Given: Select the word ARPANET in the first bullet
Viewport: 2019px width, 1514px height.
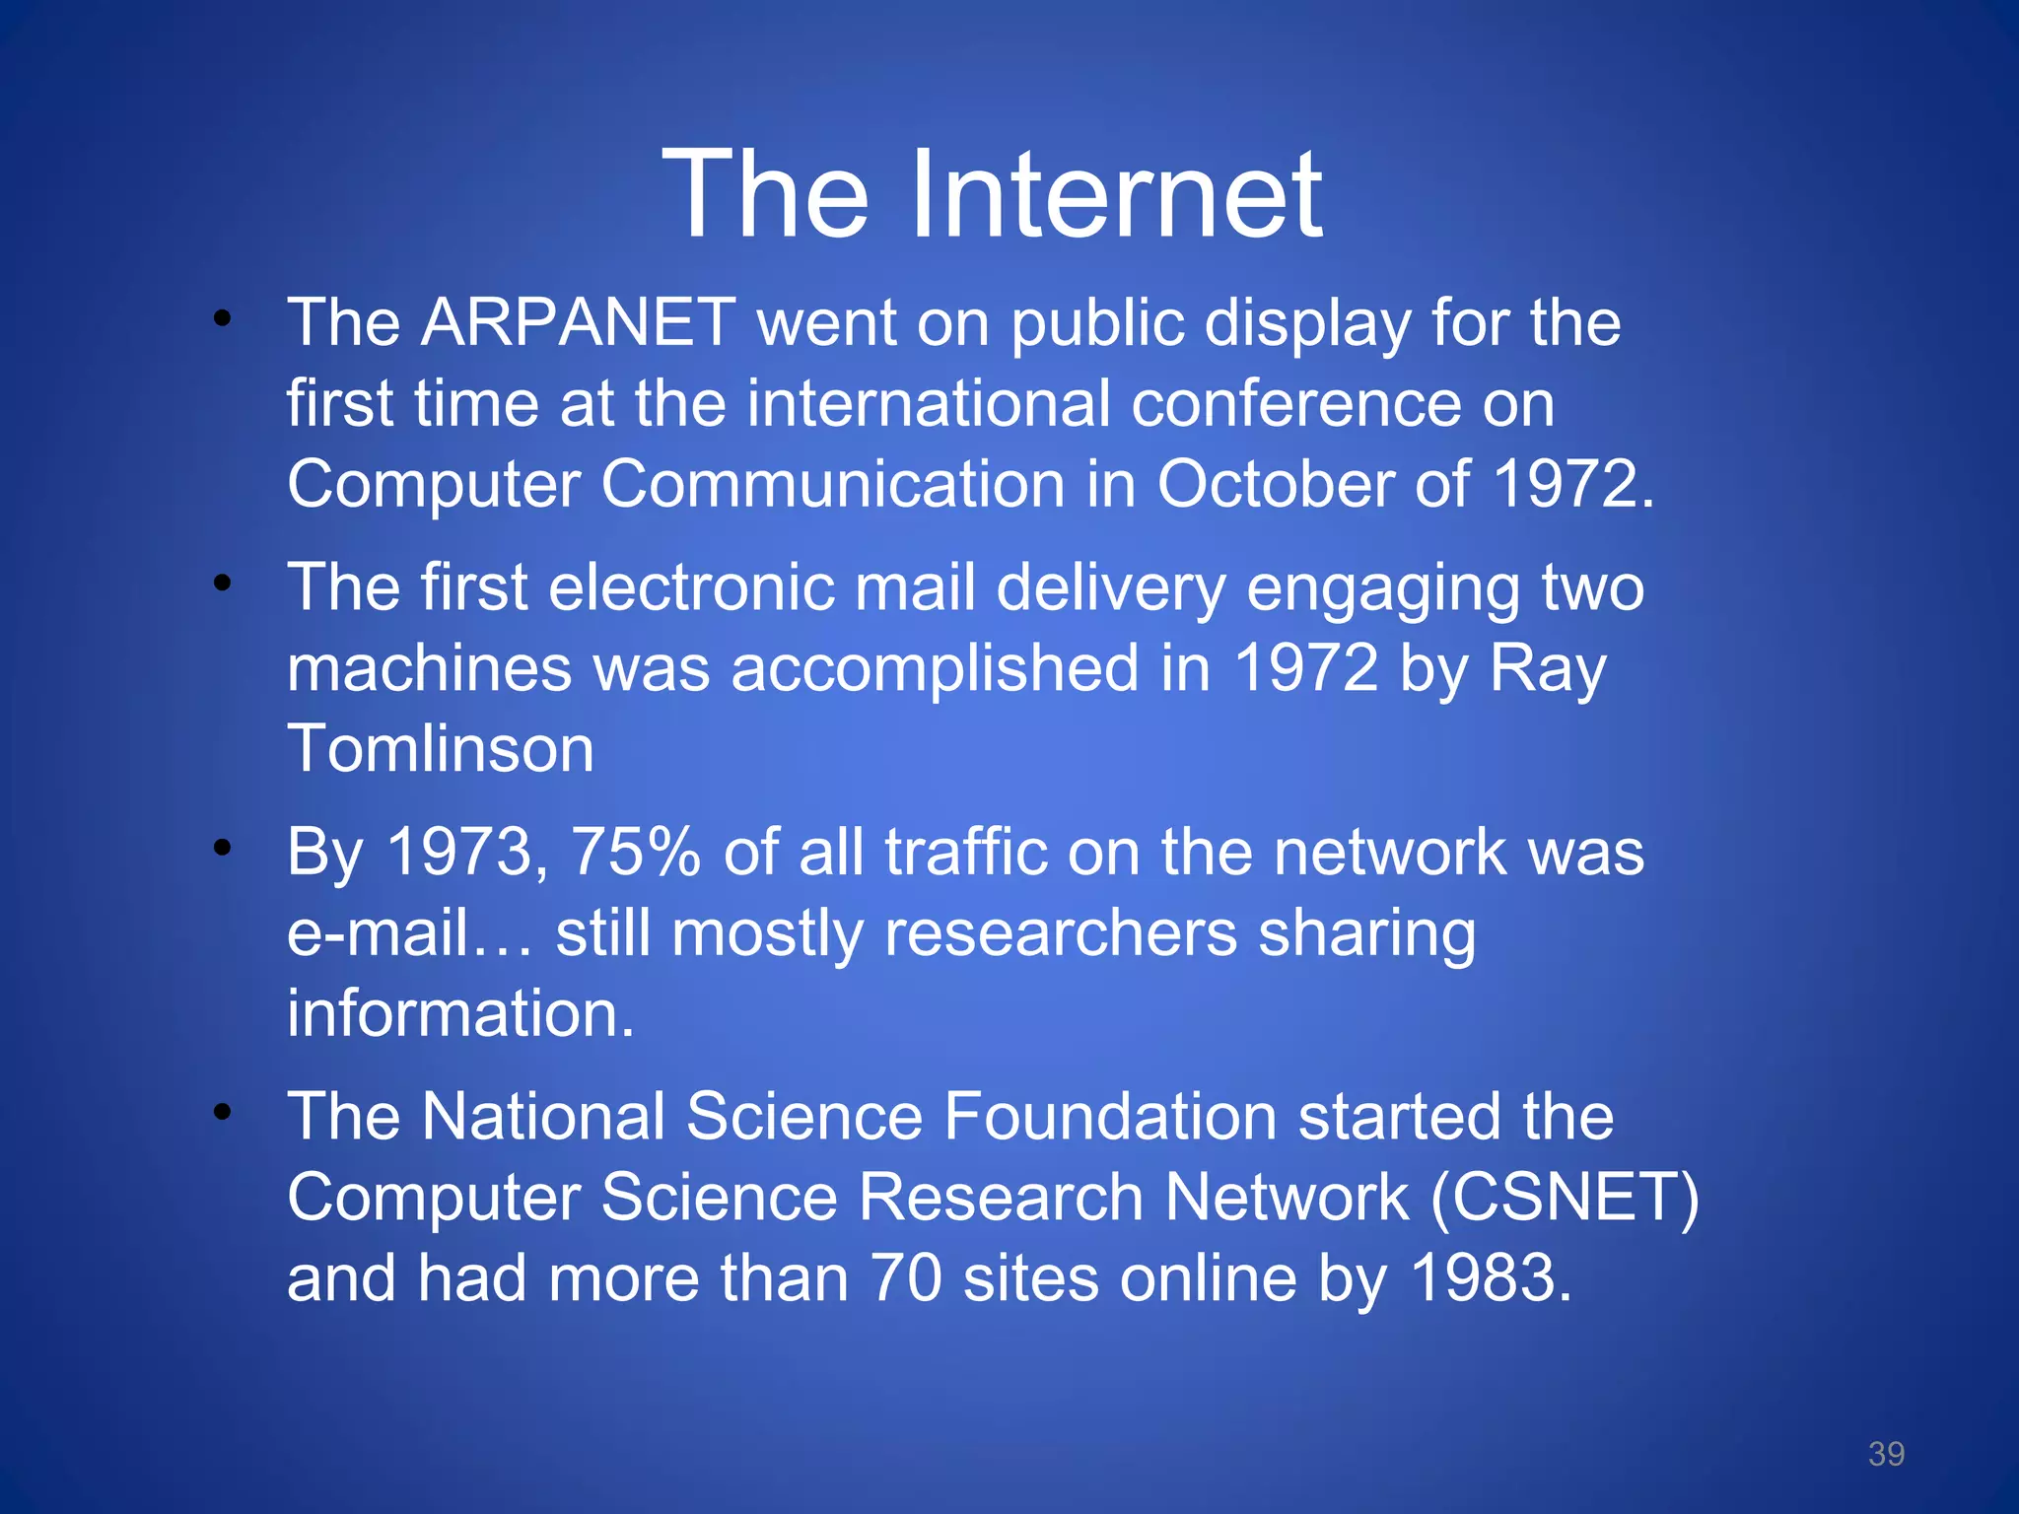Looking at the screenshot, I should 579,322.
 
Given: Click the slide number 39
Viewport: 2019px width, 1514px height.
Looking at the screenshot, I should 1886,1454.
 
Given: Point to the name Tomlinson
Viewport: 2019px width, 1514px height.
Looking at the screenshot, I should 441,749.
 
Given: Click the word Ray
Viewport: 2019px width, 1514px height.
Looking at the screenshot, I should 1547,669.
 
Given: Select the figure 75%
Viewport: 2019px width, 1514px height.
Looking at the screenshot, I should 636,852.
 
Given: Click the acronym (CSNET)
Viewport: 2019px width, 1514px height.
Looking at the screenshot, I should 1565,1198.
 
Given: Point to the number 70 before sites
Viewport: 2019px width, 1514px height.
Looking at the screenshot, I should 906,1278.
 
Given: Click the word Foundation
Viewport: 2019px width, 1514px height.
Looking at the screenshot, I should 1110,1117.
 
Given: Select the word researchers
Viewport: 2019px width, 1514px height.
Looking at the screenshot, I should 1060,933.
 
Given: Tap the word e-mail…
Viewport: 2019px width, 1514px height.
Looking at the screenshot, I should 410,933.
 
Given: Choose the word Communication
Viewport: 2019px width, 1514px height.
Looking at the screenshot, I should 833,485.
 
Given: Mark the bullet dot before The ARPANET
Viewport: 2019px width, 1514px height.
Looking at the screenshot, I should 223,318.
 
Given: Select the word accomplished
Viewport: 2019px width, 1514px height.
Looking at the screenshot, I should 936,669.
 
